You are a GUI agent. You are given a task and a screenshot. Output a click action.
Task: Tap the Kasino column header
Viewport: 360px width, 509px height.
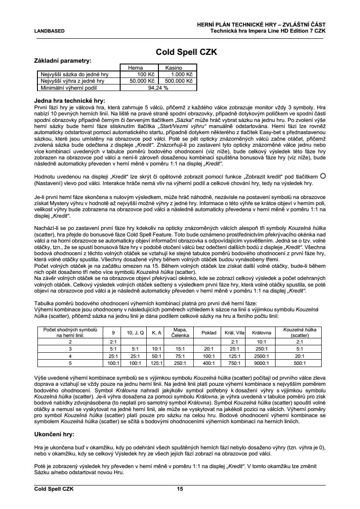pyautogui.click(x=173, y=68)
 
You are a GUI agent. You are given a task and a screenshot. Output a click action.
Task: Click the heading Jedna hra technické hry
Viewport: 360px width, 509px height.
pyautogui.click(x=70, y=100)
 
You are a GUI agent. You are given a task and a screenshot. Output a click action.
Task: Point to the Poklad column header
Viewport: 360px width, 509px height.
pyautogui.click(x=209, y=333)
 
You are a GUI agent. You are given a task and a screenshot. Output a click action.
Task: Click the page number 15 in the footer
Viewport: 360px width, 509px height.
pyautogui.click(x=180, y=489)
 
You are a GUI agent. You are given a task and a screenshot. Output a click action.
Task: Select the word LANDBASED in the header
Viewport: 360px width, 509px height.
pyautogui.click(x=49, y=31)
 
